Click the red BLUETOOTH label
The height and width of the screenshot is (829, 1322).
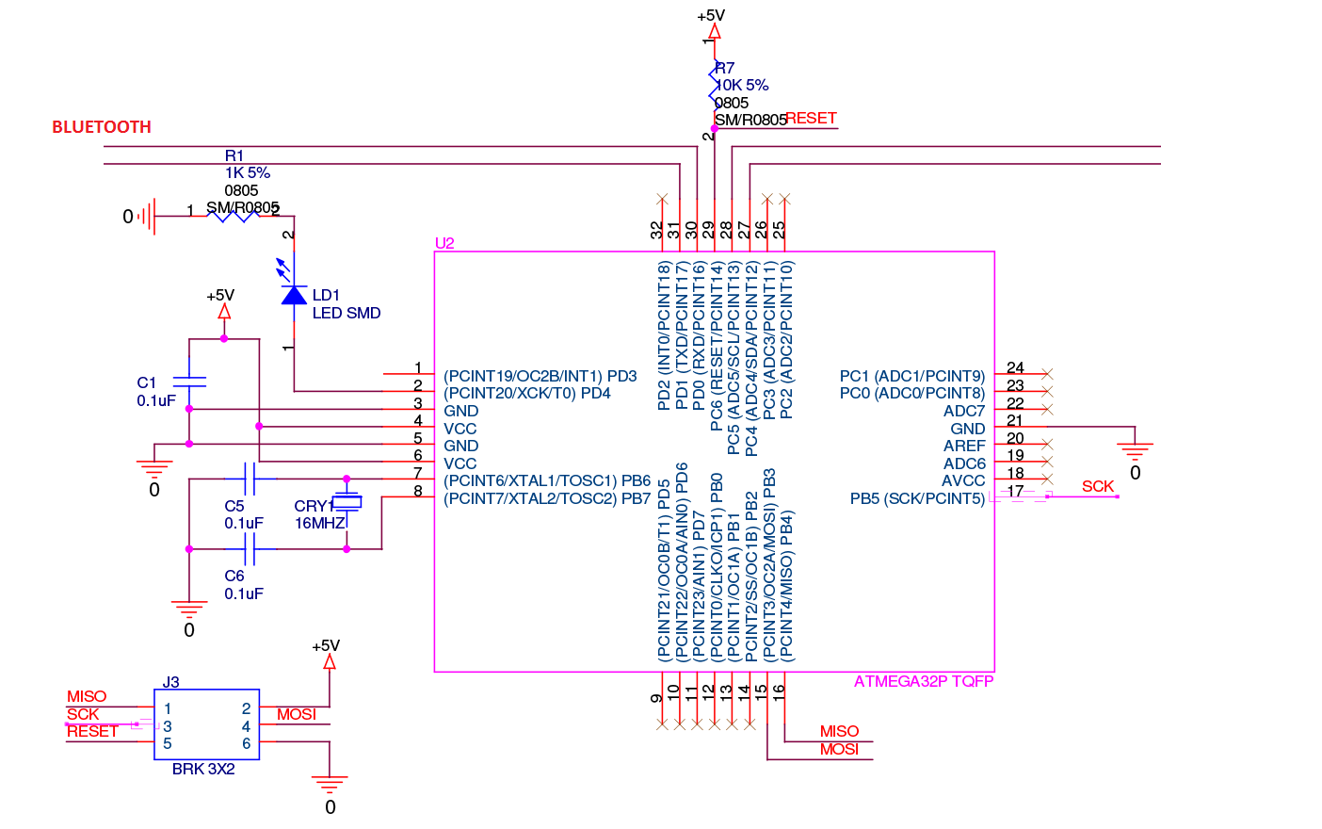coord(102,127)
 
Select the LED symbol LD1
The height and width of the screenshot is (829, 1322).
coord(294,295)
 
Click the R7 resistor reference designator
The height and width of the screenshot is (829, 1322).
coord(725,68)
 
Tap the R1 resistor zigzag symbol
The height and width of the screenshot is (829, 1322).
coord(233,216)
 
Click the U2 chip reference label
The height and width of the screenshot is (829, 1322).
coord(444,243)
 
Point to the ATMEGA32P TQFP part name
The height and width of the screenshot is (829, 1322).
coord(923,681)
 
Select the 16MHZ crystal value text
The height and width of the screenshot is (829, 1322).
coord(319,524)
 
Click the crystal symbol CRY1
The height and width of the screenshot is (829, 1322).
coord(347,504)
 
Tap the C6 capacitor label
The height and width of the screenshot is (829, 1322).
coord(234,576)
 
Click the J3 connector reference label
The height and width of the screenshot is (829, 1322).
coord(170,682)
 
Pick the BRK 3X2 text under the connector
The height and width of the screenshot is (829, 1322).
coord(203,769)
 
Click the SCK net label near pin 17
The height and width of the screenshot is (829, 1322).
coord(1098,486)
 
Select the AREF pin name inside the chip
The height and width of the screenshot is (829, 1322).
coord(964,446)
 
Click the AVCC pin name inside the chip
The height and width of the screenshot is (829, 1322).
coord(963,480)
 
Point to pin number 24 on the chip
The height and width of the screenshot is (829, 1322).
coord(1015,367)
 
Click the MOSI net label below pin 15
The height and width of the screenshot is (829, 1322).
coord(839,749)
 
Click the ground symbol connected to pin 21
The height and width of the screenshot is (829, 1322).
coord(1135,449)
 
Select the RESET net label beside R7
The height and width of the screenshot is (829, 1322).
coord(811,118)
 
